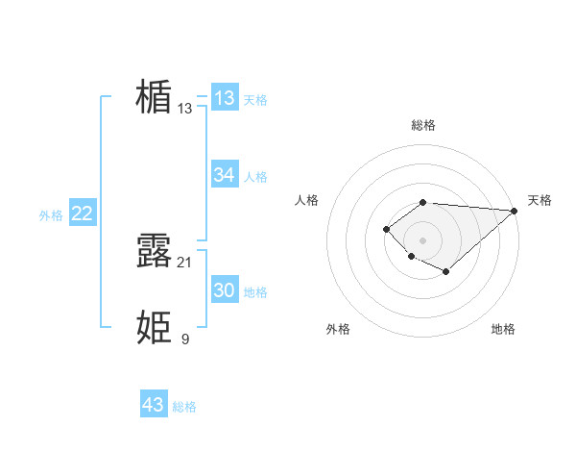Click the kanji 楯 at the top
(x=154, y=97)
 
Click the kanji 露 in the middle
(x=154, y=251)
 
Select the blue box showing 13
(x=224, y=98)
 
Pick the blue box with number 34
(x=224, y=175)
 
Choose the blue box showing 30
(x=224, y=290)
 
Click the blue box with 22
(x=82, y=213)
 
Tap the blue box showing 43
(x=153, y=405)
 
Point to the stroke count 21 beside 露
(x=185, y=263)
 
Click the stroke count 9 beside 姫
(x=185, y=339)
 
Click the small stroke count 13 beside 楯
(x=185, y=109)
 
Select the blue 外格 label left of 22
(x=51, y=215)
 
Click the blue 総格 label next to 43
(x=184, y=407)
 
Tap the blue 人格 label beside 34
(x=255, y=177)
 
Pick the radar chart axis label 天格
(x=540, y=200)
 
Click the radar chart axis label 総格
(x=423, y=125)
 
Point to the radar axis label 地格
(x=503, y=329)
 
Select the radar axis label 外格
(x=338, y=329)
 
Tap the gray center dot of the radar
(x=423, y=239)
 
